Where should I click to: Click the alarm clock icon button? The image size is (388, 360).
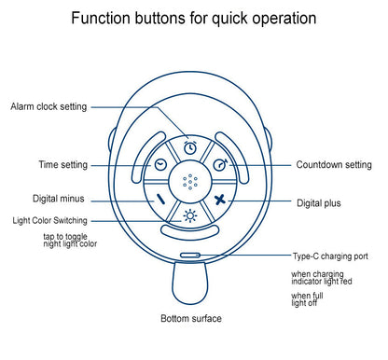pos(190,147)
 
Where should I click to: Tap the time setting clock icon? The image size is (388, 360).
pos(160,165)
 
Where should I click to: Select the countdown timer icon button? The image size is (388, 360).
pos(220,164)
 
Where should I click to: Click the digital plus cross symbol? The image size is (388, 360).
pos(220,200)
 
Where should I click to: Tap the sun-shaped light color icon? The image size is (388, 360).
pos(190,215)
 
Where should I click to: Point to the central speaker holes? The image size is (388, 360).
pos(190,182)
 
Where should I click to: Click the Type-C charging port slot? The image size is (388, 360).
pos(190,256)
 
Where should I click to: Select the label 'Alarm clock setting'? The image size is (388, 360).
pos(48,106)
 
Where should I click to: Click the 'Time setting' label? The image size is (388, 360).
pos(63,164)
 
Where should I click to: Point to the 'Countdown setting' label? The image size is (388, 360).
pos(334,164)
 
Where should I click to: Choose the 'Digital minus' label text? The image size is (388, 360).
pos(59,199)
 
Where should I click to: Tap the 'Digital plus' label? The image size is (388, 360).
pos(319,203)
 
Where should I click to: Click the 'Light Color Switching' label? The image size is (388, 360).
pos(49,220)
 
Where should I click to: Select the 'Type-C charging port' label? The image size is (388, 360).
pos(330,256)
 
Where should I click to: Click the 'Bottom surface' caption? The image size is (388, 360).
pos(191,318)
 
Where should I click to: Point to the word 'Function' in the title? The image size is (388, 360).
pos(102,18)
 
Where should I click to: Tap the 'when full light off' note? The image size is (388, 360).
pos(307,299)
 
